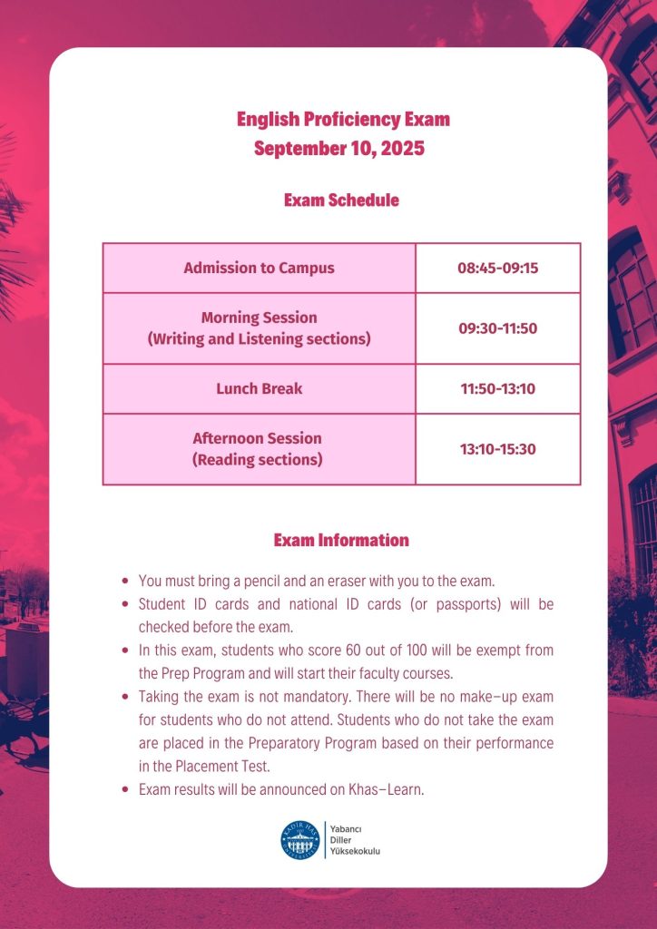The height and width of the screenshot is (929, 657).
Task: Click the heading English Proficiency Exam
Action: coord(343,119)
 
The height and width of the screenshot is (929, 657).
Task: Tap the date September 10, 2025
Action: coord(339,148)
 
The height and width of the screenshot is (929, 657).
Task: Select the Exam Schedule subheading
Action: coord(341,200)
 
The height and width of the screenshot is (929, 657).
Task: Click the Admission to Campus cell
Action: coord(259,268)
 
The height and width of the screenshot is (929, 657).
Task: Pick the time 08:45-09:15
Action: coord(497,268)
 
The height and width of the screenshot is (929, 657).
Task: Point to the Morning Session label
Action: coord(260,318)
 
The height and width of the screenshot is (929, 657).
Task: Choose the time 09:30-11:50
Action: coord(497,328)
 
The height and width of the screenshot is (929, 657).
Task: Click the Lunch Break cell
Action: coord(259,388)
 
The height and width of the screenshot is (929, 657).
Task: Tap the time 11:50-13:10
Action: coord(497,388)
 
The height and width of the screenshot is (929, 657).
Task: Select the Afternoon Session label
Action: coord(257,438)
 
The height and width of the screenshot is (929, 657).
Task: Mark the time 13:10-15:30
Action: coord(497,448)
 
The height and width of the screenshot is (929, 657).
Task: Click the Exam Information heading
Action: coord(341,540)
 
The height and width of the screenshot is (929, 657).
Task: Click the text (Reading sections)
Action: coord(257,460)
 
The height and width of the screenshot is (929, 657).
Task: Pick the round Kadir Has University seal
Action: coord(300,840)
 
